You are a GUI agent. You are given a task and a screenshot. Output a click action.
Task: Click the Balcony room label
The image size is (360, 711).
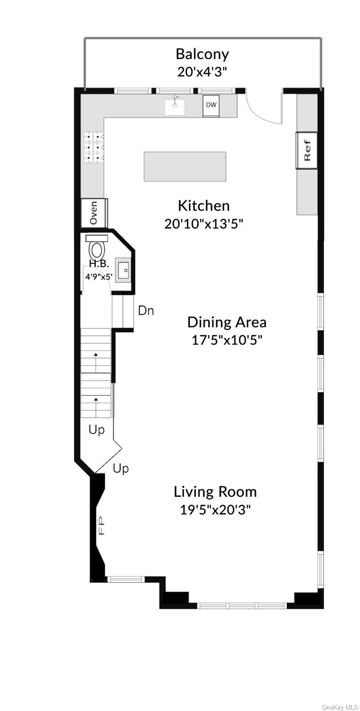click(202, 54)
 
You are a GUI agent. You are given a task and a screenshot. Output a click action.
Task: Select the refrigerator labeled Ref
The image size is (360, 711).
click(307, 150)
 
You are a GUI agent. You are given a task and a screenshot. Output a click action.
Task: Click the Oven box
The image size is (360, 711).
click(94, 212)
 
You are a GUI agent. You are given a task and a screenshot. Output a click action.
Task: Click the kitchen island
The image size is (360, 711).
click(185, 166)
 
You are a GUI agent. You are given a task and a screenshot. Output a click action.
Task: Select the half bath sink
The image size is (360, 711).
click(123, 269)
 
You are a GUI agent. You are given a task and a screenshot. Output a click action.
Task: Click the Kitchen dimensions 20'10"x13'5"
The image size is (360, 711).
click(204, 224)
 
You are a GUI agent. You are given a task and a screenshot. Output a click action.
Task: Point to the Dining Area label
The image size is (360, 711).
click(227, 322)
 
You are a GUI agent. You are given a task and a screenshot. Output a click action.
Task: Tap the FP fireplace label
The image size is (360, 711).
click(101, 526)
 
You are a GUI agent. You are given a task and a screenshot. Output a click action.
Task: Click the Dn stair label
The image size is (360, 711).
click(146, 311)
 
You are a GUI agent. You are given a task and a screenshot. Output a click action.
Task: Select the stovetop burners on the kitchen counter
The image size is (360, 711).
click(94, 147)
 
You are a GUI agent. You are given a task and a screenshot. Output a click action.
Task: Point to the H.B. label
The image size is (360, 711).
click(99, 263)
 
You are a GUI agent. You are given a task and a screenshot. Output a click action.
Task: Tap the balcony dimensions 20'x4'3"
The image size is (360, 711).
click(202, 72)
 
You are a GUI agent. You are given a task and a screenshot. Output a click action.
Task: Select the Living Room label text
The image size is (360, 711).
click(215, 492)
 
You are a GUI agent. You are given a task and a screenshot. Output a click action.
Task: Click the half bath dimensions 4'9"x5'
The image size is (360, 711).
click(99, 276)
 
